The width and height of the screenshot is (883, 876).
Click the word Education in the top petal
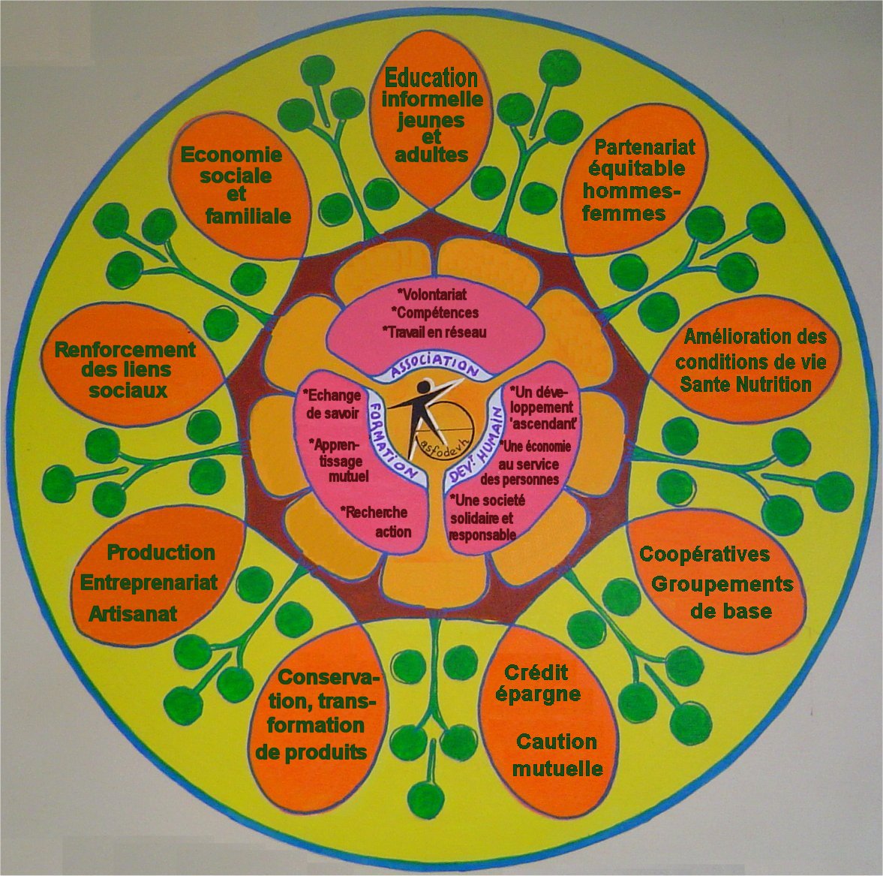click(431, 77)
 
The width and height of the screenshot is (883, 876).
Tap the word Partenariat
click(644, 146)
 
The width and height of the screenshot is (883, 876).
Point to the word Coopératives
click(704, 554)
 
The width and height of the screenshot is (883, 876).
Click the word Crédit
click(536, 672)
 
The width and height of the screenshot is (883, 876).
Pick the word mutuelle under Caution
click(557, 769)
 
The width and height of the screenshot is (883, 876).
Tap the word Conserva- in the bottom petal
click(329, 678)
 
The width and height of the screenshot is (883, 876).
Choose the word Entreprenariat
click(149, 582)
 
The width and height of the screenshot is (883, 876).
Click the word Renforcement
click(125, 350)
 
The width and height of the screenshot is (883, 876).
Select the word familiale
click(248, 216)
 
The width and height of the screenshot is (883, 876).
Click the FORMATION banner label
click(392, 441)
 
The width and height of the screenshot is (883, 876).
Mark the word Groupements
click(722, 584)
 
